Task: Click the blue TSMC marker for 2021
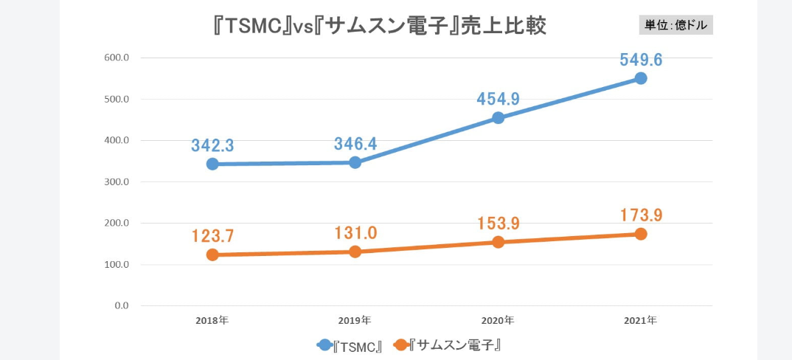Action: tap(641, 78)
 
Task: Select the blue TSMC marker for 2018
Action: tap(212, 164)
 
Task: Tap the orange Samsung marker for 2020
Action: tap(498, 242)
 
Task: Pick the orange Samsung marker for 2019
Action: tap(355, 252)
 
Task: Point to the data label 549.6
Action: tap(641, 60)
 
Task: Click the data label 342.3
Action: tap(212, 145)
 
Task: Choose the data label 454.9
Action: tap(498, 99)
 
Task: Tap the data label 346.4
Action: tap(355, 144)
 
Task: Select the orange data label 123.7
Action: tap(212, 236)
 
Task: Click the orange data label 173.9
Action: tap(641, 215)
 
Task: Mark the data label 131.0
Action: tap(355, 233)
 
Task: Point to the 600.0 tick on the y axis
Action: tap(117, 58)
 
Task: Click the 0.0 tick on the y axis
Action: tap(121, 305)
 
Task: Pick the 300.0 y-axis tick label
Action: tap(117, 181)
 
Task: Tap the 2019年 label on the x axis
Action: tap(355, 321)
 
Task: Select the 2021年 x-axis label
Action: tap(640, 321)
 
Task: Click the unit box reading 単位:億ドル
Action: tap(676, 25)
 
